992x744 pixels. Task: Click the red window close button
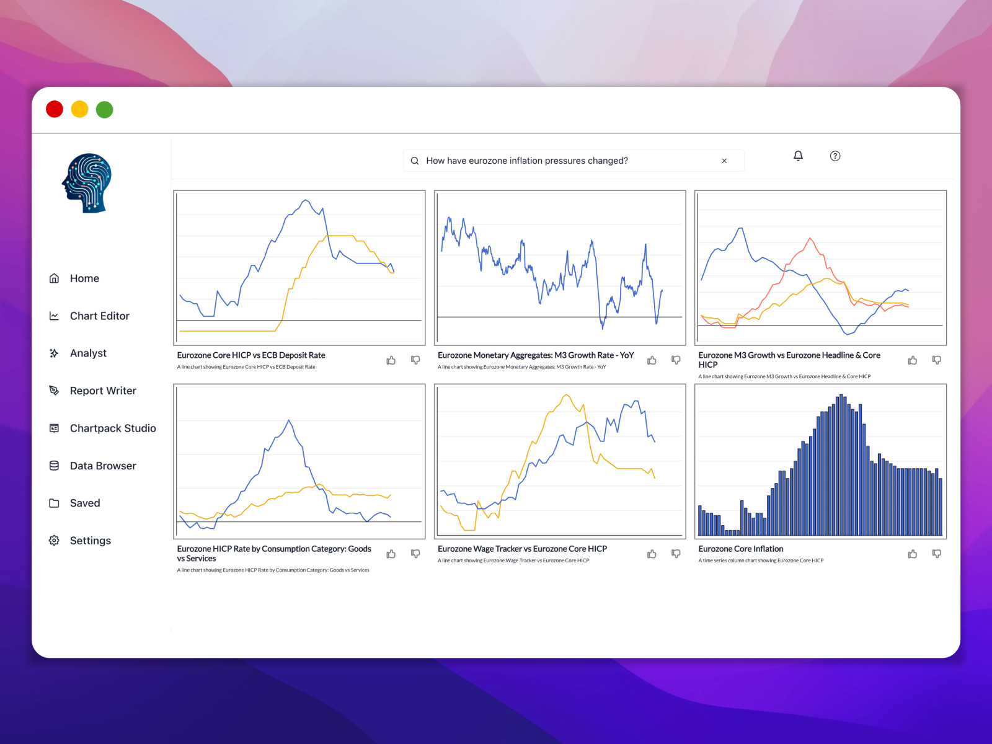pyautogui.click(x=55, y=110)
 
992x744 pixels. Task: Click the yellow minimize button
pyautogui.click(x=79, y=110)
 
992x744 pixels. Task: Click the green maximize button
pyautogui.click(x=104, y=110)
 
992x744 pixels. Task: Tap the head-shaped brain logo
pyautogui.click(x=87, y=184)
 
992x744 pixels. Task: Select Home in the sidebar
pyautogui.click(x=84, y=278)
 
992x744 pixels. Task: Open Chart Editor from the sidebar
pyautogui.click(x=99, y=316)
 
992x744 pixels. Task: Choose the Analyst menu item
pyautogui.click(x=88, y=353)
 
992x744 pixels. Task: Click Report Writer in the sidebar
pyautogui.click(x=103, y=391)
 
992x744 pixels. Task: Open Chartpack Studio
pyautogui.click(x=113, y=428)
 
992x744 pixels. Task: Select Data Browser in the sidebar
pyautogui.click(x=103, y=466)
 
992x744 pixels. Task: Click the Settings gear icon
pyautogui.click(x=54, y=541)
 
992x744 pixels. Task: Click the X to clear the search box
pyautogui.click(x=724, y=161)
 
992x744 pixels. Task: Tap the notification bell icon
pyautogui.click(x=798, y=156)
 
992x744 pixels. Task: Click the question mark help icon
pyautogui.click(x=835, y=156)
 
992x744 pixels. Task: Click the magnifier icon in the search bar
pyautogui.click(x=415, y=161)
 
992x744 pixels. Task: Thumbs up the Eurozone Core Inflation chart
pyautogui.click(x=912, y=554)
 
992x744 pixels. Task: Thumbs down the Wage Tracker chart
pyautogui.click(x=676, y=554)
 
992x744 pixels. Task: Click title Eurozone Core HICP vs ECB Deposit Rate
pyautogui.click(x=251, y=355)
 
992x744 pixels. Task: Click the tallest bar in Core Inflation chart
pyautogui.click(x=841, y=465)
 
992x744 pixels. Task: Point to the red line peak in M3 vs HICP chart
pyautogui.click(x=810, y=239)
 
